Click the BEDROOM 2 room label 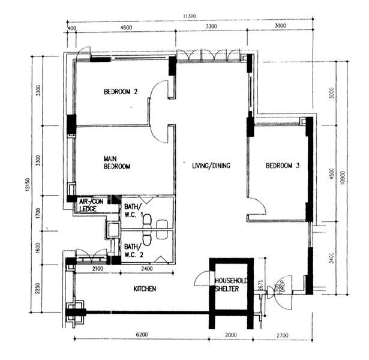pyautogui.click(x=121, y=92)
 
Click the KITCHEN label pyautogui.click(x=145, y=289)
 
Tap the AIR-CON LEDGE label pyautogui.click(x=91, y=205)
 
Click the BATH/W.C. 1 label pyautogui.click(x=133, y=211)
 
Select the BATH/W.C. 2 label pyautogui.click(x=133, y=250)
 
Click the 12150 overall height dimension pyautogui.click(x=27, y=187)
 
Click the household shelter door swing pyautogui.click(x=202, y=278)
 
